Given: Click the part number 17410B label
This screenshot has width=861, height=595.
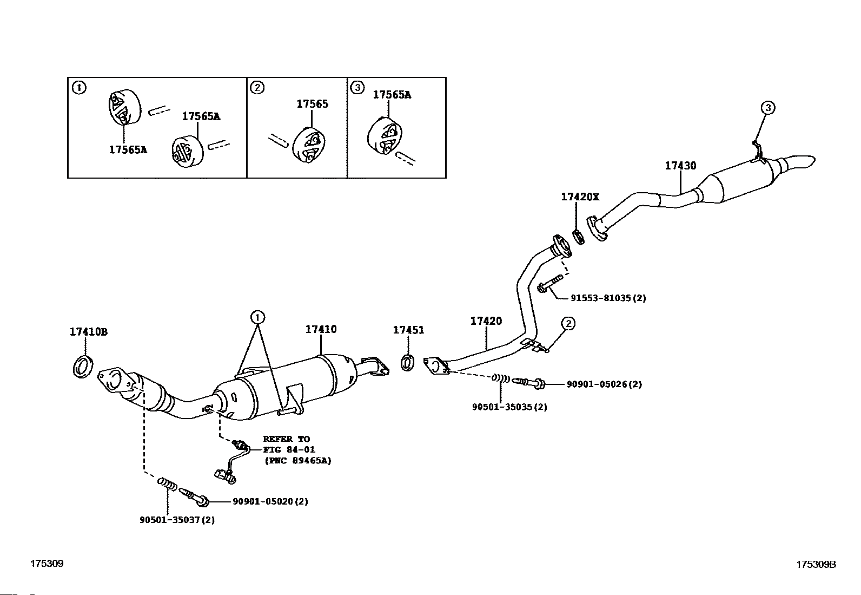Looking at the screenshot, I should coord(88,332).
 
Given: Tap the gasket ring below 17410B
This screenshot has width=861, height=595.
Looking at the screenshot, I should coord(82,367).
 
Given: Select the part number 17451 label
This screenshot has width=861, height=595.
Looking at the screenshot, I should coord(408,330).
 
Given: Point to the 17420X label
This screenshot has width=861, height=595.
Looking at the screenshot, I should coord(580,197).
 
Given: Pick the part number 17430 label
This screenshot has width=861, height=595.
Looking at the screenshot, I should coord(680,166).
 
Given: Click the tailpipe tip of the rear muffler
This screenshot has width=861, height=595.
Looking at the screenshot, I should coord(800,162).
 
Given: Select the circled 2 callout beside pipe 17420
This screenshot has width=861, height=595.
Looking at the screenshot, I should coord(568,324).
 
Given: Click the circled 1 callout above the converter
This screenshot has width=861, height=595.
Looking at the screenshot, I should coord(257,316).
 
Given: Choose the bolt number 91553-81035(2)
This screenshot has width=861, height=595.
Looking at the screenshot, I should coord(608,298).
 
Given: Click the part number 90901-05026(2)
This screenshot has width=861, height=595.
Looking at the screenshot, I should coord(604,384).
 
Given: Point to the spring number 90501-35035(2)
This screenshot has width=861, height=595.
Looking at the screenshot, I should coord(509,407).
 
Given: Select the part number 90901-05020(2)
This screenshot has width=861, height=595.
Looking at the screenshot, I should coord(270,501).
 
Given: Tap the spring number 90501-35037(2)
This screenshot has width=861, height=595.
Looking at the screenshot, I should coord(177,520).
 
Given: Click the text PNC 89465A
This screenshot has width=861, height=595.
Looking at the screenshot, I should coord(298,461).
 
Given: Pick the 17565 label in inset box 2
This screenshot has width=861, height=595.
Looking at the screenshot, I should coord(312,104).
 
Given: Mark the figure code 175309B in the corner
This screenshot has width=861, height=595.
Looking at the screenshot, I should coord(816,564).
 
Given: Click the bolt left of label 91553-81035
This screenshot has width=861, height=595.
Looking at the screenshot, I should coord(549,285).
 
